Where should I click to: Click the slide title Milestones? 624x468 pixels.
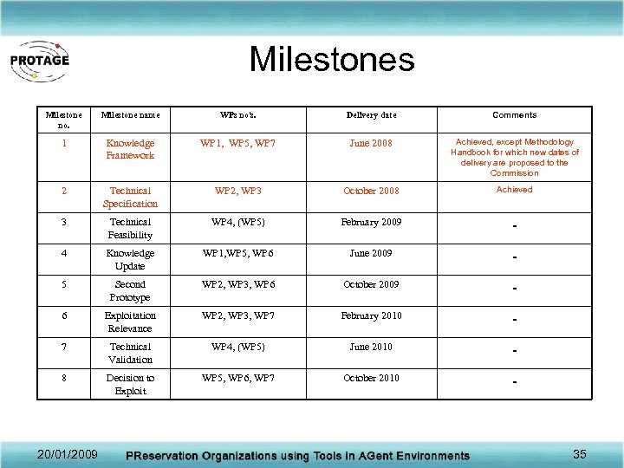pos(332,60)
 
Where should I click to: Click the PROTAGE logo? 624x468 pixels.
pos(40,61)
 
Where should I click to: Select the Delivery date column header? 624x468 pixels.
pos(371,114)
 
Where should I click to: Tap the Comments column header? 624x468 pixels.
pos(514,114)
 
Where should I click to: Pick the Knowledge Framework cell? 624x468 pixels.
pos(130,149)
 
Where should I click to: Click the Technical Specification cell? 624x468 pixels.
pos(130,197)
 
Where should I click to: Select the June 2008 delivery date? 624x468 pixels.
pos(371,143)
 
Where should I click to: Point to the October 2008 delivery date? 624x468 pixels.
pos(371,191)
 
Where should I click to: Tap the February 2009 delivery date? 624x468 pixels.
pos(371,222)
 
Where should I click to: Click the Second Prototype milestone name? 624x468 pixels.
pos(130,290)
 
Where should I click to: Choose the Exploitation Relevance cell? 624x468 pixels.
pos(130,322)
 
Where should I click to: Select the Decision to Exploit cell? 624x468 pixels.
pos(130,384)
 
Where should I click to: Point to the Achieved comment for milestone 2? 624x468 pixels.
pos(514,189)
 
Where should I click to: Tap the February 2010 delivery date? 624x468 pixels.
pos(371,315)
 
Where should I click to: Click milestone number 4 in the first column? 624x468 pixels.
pos(63,253)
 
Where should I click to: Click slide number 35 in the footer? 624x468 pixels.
pos(580,453)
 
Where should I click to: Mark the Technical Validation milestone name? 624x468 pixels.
pos(130,353)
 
